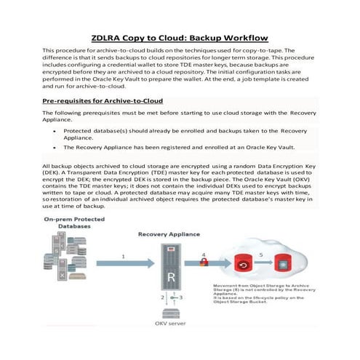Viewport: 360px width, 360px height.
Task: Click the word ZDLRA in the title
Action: pyautogui.click(x=113, y=38)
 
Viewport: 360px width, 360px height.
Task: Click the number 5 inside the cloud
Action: pyautogui.click(x=260, y=255)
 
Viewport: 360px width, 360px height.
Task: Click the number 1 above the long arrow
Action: pyautogui.click(x=124, y=257)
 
